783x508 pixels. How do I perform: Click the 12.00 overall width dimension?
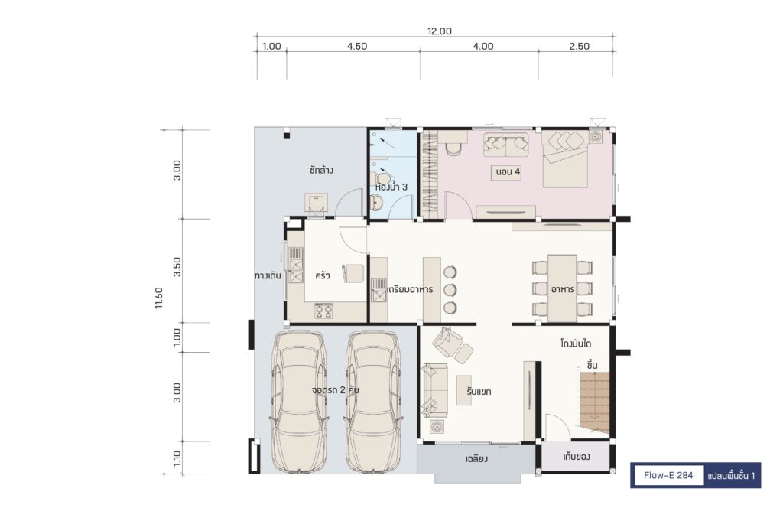coord(440,31)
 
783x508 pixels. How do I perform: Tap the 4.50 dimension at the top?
coord(357,46)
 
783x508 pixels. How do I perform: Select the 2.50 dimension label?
coord(580,46)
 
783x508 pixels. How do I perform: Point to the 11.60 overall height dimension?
coord(159,298)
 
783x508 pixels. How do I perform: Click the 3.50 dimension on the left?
coord(177,267)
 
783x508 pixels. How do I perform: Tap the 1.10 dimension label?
coord(177,459)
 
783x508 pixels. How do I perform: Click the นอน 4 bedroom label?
coord(508,172)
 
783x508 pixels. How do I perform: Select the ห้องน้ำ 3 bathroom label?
coord(391,187)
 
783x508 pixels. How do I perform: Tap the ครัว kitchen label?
coord(323,275)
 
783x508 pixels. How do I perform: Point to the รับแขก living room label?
coord(479,391)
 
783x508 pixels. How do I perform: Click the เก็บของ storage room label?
coord(577,457)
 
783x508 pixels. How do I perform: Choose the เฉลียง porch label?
coord(476,458)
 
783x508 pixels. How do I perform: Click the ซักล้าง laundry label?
coord(321,170)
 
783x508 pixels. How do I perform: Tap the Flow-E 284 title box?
coord(668,475)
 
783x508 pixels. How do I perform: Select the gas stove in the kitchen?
coord(323,311)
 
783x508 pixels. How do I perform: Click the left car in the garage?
coord(299,402)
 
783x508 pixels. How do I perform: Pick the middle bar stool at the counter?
coord(450,290)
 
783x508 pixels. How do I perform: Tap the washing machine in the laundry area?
coord(316,204)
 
